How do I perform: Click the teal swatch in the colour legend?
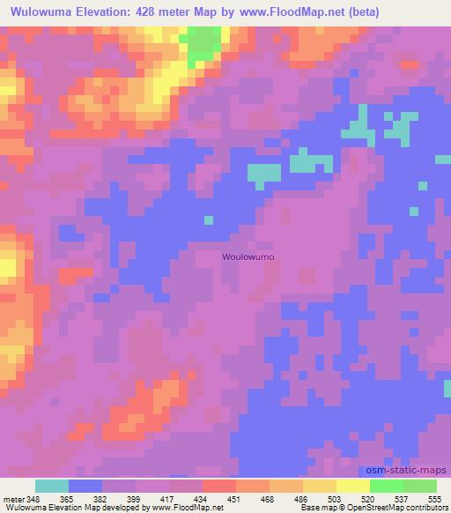click(51, 486)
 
